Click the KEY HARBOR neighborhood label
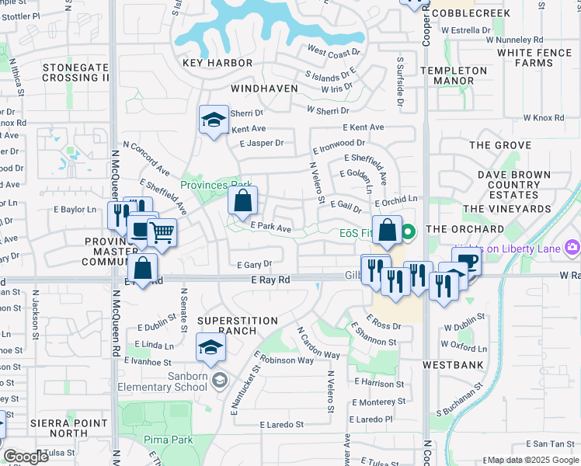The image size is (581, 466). (217, 63)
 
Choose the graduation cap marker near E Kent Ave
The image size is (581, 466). (214, 120)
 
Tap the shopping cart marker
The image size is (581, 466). (162, 232)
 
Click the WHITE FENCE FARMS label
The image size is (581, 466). (536, 57)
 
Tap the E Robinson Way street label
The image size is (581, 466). (283, 360)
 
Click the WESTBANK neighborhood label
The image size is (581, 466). (454, 364)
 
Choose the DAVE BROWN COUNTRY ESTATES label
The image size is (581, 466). (508, 186)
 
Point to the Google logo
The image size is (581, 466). (26, 457)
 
